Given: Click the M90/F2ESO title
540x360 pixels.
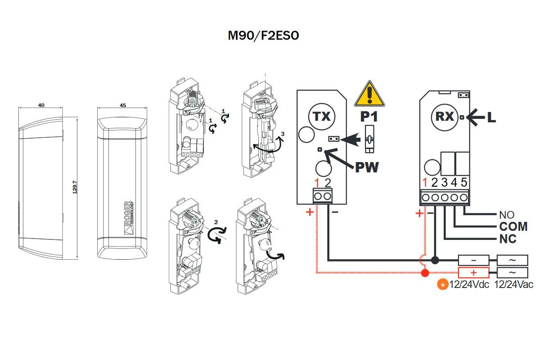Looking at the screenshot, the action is (263, 36).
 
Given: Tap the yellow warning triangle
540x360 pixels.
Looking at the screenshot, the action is (369, 94).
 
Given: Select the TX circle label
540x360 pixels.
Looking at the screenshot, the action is (322, 117).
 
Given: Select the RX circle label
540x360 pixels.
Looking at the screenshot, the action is (444, 117).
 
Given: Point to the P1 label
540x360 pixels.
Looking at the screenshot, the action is (369, 117).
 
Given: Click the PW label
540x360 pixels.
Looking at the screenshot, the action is (367, 167).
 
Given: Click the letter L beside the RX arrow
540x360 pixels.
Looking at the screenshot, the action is (491, 117).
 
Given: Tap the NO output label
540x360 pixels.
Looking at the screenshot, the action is (507, 215).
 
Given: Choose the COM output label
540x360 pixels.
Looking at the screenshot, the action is (513, 226).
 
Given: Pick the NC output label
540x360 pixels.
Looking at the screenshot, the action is (508, 239).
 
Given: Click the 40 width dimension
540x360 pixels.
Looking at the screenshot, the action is (41, 105).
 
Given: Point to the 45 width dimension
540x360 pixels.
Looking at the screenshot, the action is (123, 105).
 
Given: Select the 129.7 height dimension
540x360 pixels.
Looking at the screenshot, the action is (75, 187).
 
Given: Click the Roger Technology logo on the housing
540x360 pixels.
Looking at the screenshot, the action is (129, 218).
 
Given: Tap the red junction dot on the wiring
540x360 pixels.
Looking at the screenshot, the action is (425, 273).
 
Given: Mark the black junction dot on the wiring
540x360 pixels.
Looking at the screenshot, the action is (435, 260).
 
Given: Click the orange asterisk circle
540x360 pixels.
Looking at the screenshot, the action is (443, 285).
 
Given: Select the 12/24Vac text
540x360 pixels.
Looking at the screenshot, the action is (514, 285).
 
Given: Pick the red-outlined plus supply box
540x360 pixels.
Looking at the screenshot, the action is (473, 273).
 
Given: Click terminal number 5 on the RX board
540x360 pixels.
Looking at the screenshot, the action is (464, 182).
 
